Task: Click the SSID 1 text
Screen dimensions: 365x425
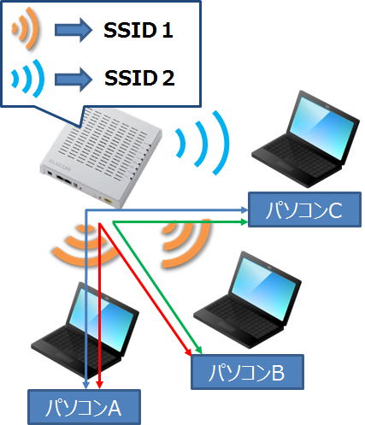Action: click(x=138, y=30)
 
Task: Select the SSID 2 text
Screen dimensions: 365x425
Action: click(x=139, y=78)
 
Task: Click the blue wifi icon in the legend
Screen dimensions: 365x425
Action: click(x=28, y=78)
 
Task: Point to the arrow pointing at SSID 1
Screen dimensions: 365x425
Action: click(x=74, y=30)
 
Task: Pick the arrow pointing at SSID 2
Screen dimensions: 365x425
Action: click(x=74, y=80)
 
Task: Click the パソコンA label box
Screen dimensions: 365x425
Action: click(x=84, y=407)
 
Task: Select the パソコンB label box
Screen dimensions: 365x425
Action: click(x=247, y=372)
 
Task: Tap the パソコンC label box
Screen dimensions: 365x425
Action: click(x=304, y=210)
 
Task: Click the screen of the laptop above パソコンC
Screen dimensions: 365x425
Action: click(x=322, y=127)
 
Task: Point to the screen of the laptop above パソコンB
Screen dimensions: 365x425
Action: click(x=263, y=288)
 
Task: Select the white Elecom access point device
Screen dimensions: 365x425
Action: click(x=101, y=157)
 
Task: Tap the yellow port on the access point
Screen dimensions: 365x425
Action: click(x=109, y=200)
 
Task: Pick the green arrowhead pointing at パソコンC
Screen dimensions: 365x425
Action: click(x=244, y=221)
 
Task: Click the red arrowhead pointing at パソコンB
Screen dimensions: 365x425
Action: click(x=188, y=351)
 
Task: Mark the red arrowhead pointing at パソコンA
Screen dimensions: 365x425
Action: click(x=99, y=385)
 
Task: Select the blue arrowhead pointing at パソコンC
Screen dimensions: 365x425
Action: click(x=244, y=210)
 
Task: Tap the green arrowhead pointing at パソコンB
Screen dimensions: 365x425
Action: click(x=199, y=351)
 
